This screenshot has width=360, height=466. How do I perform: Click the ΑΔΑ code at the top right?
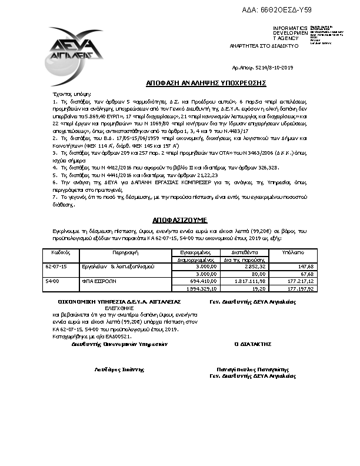[285, 10]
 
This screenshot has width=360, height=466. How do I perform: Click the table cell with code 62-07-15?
[56, 266]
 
